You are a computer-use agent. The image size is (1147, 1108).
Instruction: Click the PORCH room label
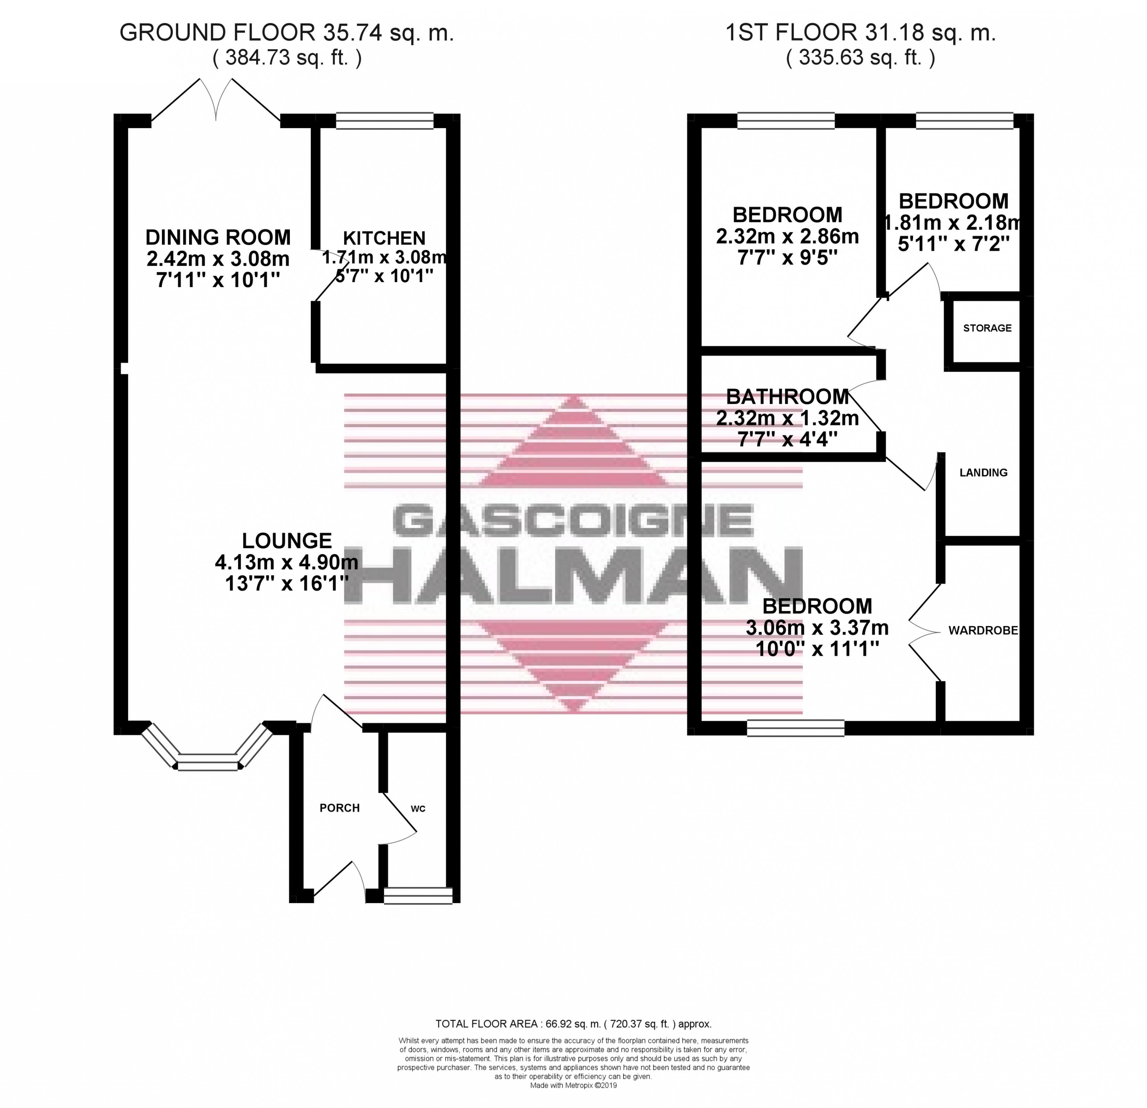[x=340, y=808]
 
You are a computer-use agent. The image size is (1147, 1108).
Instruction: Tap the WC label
[x=418, y=809]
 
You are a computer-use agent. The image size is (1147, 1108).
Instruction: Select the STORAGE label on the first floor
[x=987, y=328]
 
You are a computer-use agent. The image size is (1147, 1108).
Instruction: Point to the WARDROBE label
[x=983, y=631]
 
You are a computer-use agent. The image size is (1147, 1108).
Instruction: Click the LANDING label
[x=983, y=473]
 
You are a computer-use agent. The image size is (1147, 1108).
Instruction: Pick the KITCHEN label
[x=384, y=238]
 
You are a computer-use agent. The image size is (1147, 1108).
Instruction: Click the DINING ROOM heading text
[x=218, y=237]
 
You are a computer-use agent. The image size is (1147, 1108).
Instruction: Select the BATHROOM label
[x=788, y=397]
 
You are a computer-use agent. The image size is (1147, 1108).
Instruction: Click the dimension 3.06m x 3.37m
[x=817, y=628]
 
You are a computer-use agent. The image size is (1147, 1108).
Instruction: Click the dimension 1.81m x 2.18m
[x=953, y=223]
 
